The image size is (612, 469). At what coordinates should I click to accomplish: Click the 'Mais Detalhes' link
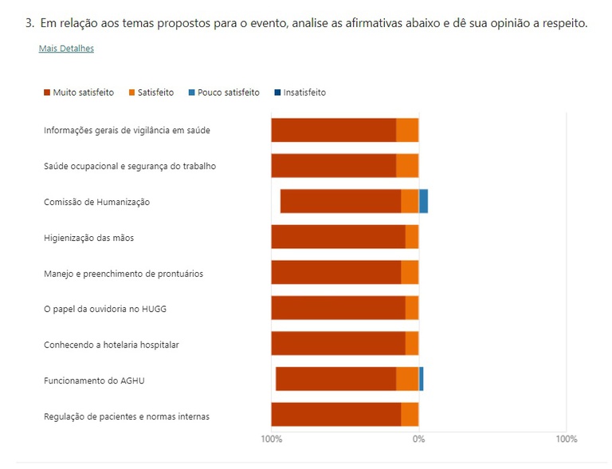pyautogui.click(x=66, y=49)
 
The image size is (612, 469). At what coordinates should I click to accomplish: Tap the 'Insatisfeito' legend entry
pyautogui.click(x=299, y=93)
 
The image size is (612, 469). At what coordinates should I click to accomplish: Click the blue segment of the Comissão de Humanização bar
pyautogui.click(x=424, y=202)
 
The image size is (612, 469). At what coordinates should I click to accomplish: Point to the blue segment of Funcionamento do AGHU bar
pyautogui.click(x=422, y=380)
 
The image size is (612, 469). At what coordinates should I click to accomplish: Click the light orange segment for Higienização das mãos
pyautogui.click(x=412, y=237)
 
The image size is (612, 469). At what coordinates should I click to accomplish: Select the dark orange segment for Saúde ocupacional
pyautogui.click(x=333, y=166)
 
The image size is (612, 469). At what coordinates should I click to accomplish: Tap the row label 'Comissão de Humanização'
pyautogui.click(x=96, y=202)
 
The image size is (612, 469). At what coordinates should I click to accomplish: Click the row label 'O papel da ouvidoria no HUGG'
pyautogui.click(x=105, y=309)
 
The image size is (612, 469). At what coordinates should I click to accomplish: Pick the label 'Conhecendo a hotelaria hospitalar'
pyautogui.click(x=112, y=345)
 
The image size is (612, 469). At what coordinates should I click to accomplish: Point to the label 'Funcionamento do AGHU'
pyautogui.click(x=94, y=380)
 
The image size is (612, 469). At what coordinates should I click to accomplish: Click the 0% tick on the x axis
pyautogui.click(x=418, y=439)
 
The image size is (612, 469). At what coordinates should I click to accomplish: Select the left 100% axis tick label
pyautogui.click(x=271, y=439)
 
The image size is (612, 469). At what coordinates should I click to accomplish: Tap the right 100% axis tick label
pyautogui.click(x=566, y=439)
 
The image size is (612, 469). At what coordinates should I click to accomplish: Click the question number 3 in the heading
pyautogui.click(x=29, y=23)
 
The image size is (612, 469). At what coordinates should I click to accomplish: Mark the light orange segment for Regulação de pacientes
pyautogui.click(x=410, y=415)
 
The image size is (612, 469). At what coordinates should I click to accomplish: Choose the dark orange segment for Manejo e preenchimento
pyautogui.click(x=335, y=273)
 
